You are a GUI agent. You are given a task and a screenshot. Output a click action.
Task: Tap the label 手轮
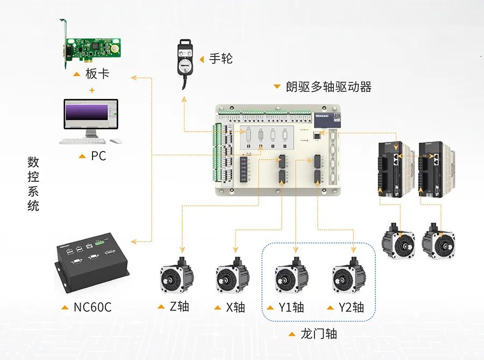pos(220,59)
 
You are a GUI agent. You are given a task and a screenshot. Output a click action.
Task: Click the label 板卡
pos(97,74)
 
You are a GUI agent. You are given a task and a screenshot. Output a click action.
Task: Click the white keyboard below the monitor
pos(81,141)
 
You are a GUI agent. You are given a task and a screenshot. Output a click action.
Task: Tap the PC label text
pos(98,156)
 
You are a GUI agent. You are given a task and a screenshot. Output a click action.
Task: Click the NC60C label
pos(92,308)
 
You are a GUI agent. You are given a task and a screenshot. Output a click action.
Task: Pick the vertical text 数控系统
pos(33,183)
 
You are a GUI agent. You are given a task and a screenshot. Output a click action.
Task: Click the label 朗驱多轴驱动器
pos(328,87)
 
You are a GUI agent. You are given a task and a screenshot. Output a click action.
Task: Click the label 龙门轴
pos(318,334)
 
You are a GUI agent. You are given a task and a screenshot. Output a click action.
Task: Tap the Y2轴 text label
pos(351,307)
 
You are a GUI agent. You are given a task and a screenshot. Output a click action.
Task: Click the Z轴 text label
pos(179,307)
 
